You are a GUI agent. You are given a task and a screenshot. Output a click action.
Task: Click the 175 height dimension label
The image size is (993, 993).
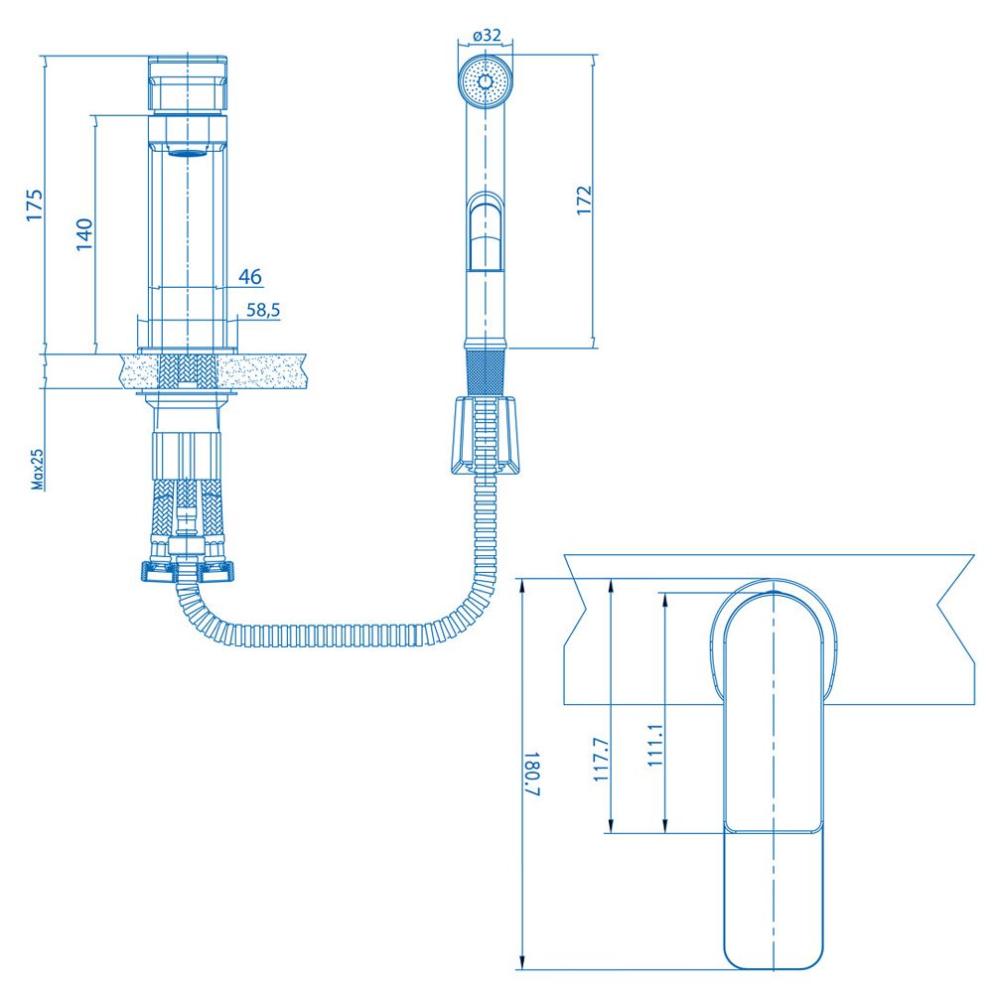(x=34, y=205)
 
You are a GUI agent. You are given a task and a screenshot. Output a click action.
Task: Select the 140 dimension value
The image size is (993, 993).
(x=84, y=234)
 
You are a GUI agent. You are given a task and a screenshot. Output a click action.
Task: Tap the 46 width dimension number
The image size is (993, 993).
(x=250, y=276)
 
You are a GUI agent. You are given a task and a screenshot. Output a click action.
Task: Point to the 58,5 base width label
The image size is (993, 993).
(x=263, y=310)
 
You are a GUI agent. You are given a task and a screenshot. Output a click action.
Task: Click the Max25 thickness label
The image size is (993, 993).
(x=38, y=470)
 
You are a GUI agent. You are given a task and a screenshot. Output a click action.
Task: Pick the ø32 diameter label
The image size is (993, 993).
(x=487, y=36)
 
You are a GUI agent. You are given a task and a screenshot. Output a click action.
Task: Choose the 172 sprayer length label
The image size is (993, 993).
(x=584, y=201)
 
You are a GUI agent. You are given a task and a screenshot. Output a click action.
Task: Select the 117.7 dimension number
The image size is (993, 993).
(x=601, y=760)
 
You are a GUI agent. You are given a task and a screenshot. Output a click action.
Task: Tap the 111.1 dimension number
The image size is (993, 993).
(x=654, y=746)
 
